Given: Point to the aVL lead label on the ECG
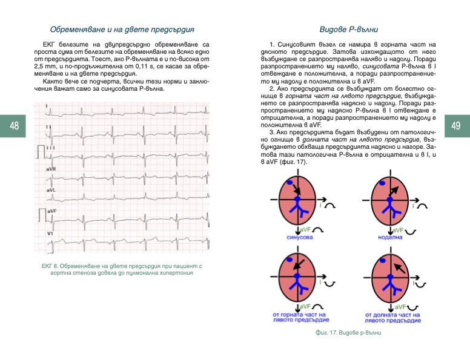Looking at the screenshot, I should tap(50, 190).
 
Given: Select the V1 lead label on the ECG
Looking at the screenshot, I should tap(49, 233).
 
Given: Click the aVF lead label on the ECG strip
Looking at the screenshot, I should tap(51, 211).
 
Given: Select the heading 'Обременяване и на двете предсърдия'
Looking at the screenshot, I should tap(122, 29).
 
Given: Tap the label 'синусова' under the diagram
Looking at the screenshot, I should tap(299, 237).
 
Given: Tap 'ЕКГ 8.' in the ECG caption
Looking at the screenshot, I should tap(51, 266).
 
